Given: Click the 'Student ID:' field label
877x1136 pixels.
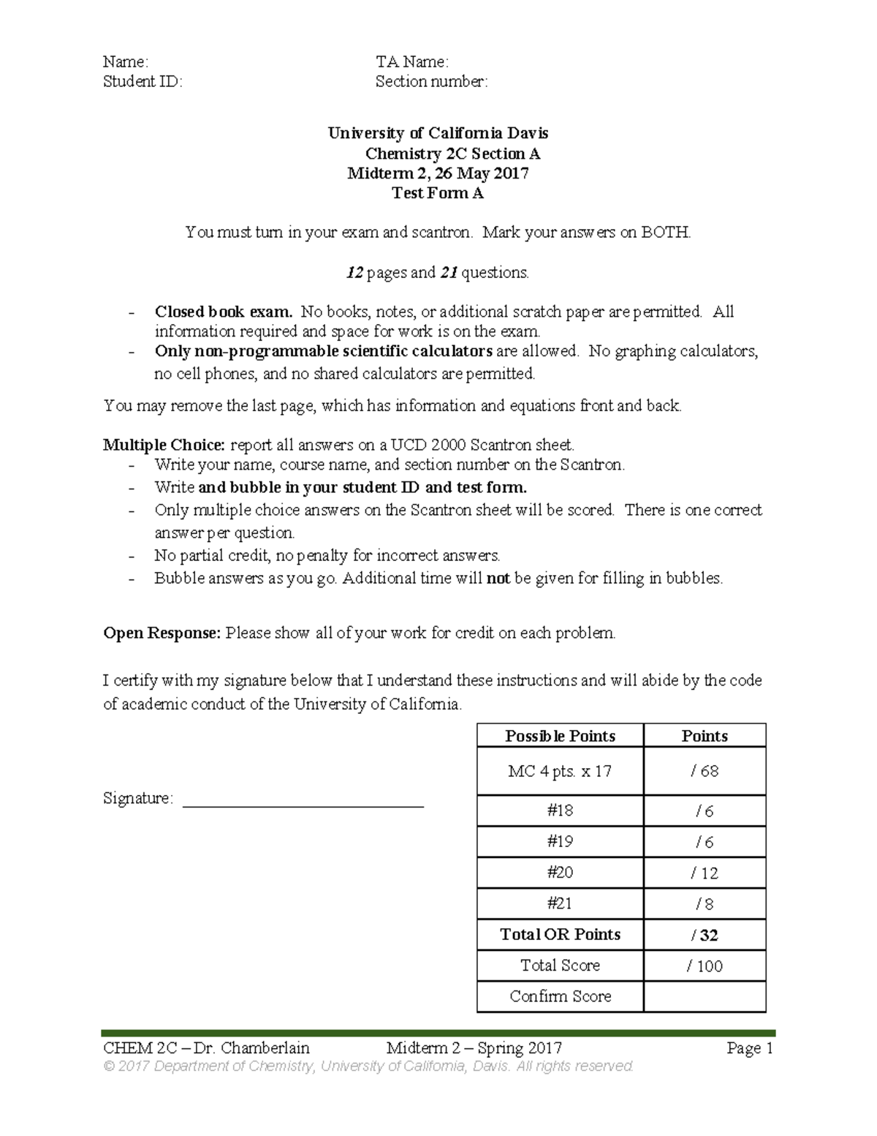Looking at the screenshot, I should point(143,82).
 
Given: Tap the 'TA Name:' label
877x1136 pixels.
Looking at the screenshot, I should point(411,62).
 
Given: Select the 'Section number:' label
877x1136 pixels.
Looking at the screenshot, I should point(431,82).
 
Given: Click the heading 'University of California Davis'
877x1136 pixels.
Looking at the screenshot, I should point(438,133).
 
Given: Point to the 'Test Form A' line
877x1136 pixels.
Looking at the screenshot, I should point(438,193).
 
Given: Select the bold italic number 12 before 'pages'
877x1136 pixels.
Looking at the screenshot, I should point(354,273).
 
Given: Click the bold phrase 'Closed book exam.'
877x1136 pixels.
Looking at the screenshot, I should point(223,312).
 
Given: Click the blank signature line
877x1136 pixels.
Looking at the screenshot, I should point(303,805).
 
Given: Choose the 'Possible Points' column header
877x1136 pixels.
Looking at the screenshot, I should point(560,736).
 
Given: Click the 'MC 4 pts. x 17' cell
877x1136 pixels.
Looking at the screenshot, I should point(560,771).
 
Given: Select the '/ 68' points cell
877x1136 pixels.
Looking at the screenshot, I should point(705,771).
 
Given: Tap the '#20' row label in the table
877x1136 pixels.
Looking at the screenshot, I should point(560,873).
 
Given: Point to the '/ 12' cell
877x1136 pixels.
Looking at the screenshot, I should point(705,873).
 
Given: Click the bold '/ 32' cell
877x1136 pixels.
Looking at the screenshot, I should point(705,935).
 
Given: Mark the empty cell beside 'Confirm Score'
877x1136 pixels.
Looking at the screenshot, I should point(705,996).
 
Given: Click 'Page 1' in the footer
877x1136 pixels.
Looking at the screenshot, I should point(750,1048).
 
